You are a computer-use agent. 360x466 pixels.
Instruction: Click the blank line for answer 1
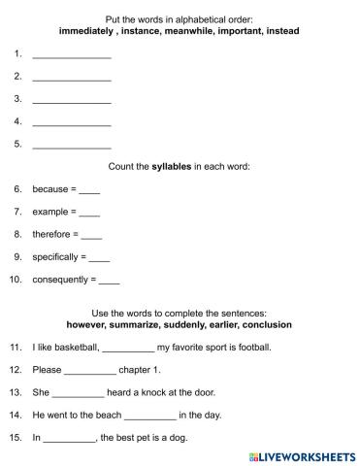(72, 56)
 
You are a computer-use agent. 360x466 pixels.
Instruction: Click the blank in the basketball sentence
(127, 349)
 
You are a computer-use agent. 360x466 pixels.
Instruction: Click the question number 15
(16, 438)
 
